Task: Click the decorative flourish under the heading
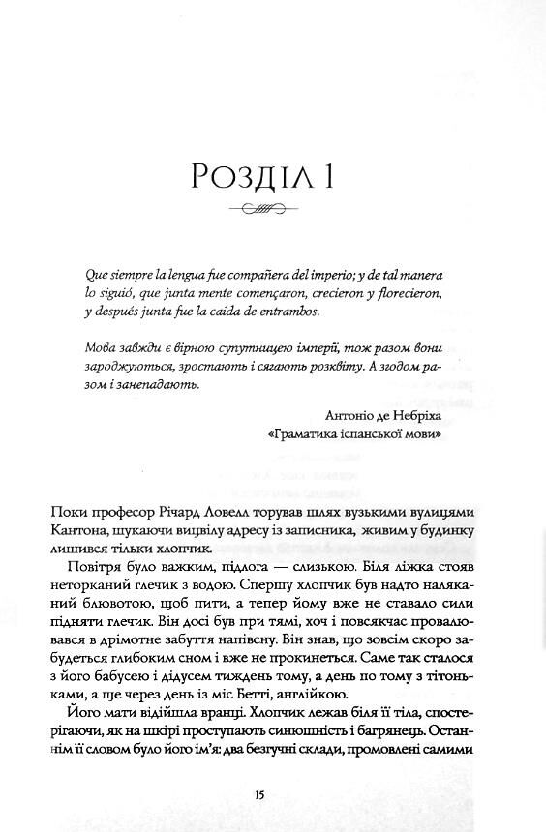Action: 272,209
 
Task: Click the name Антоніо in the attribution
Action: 340,417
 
